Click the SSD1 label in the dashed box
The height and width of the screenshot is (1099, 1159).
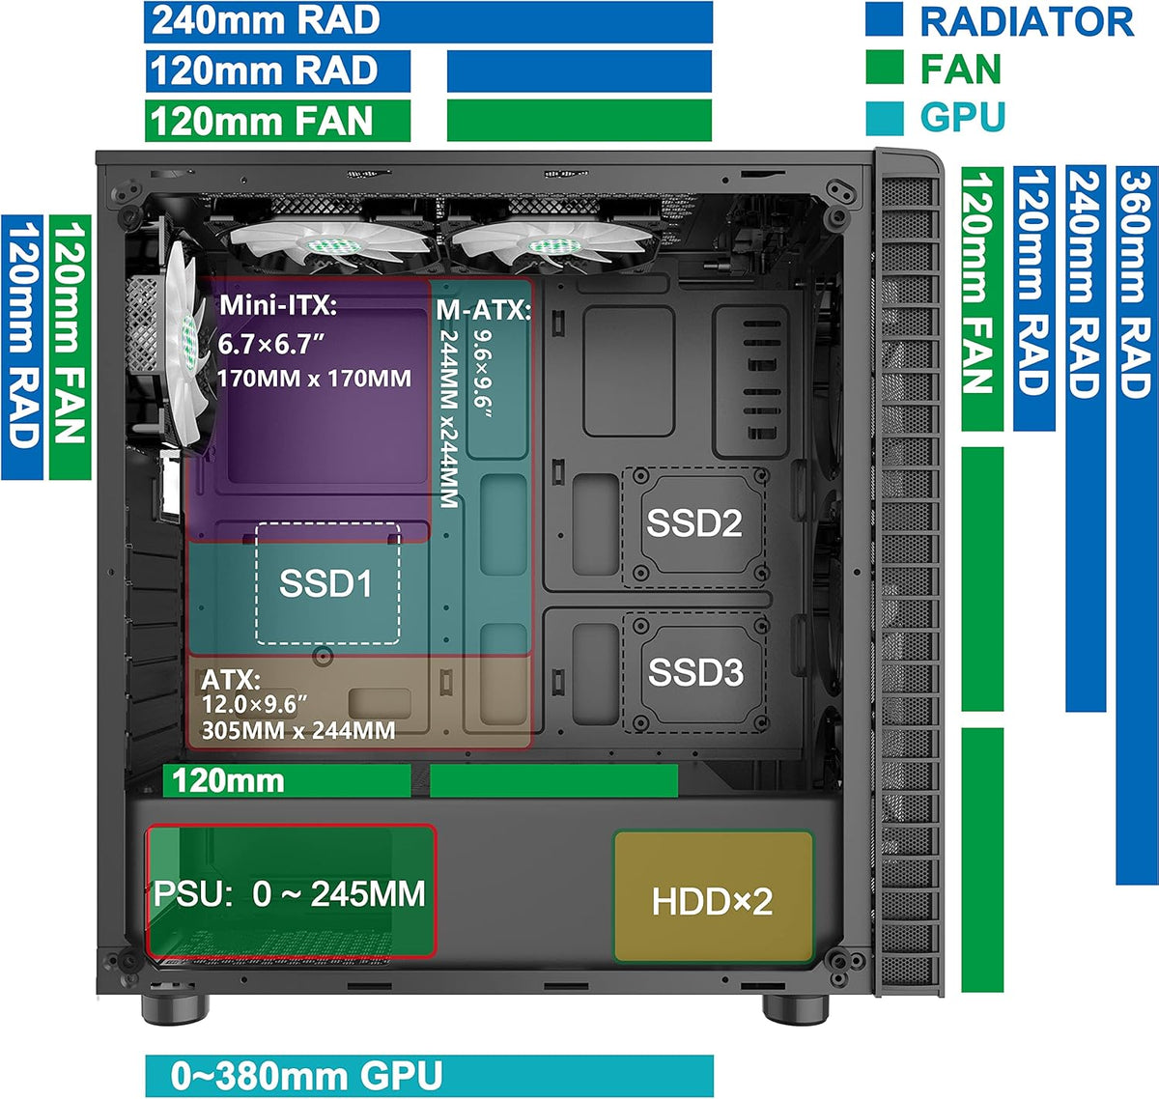(325, 583)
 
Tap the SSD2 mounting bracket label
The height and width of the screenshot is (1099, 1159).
(693, 521)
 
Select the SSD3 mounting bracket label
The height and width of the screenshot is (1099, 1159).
(695, 671)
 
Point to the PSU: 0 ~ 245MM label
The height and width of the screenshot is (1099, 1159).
(289, 893)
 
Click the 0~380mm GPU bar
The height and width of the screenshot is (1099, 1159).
(429, 1076)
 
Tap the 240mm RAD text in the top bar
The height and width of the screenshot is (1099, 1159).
(266, 20)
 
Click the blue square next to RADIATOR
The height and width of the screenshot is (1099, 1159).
(884, 19)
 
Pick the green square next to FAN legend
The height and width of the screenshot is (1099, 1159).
(885, 68)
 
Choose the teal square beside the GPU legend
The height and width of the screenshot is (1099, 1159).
(885, 119)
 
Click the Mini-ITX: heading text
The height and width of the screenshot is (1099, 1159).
(278, 305)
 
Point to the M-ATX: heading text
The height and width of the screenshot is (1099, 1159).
(484, 310)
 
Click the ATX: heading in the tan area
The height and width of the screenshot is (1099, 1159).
(231, 680)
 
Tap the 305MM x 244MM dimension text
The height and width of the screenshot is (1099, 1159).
(298, 731)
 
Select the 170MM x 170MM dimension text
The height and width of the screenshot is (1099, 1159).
(314, 378)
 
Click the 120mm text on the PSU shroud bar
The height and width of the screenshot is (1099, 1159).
(228, 781)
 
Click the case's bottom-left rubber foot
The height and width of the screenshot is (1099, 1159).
(175, 1009)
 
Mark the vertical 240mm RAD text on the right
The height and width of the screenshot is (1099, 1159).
(1086, 284)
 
